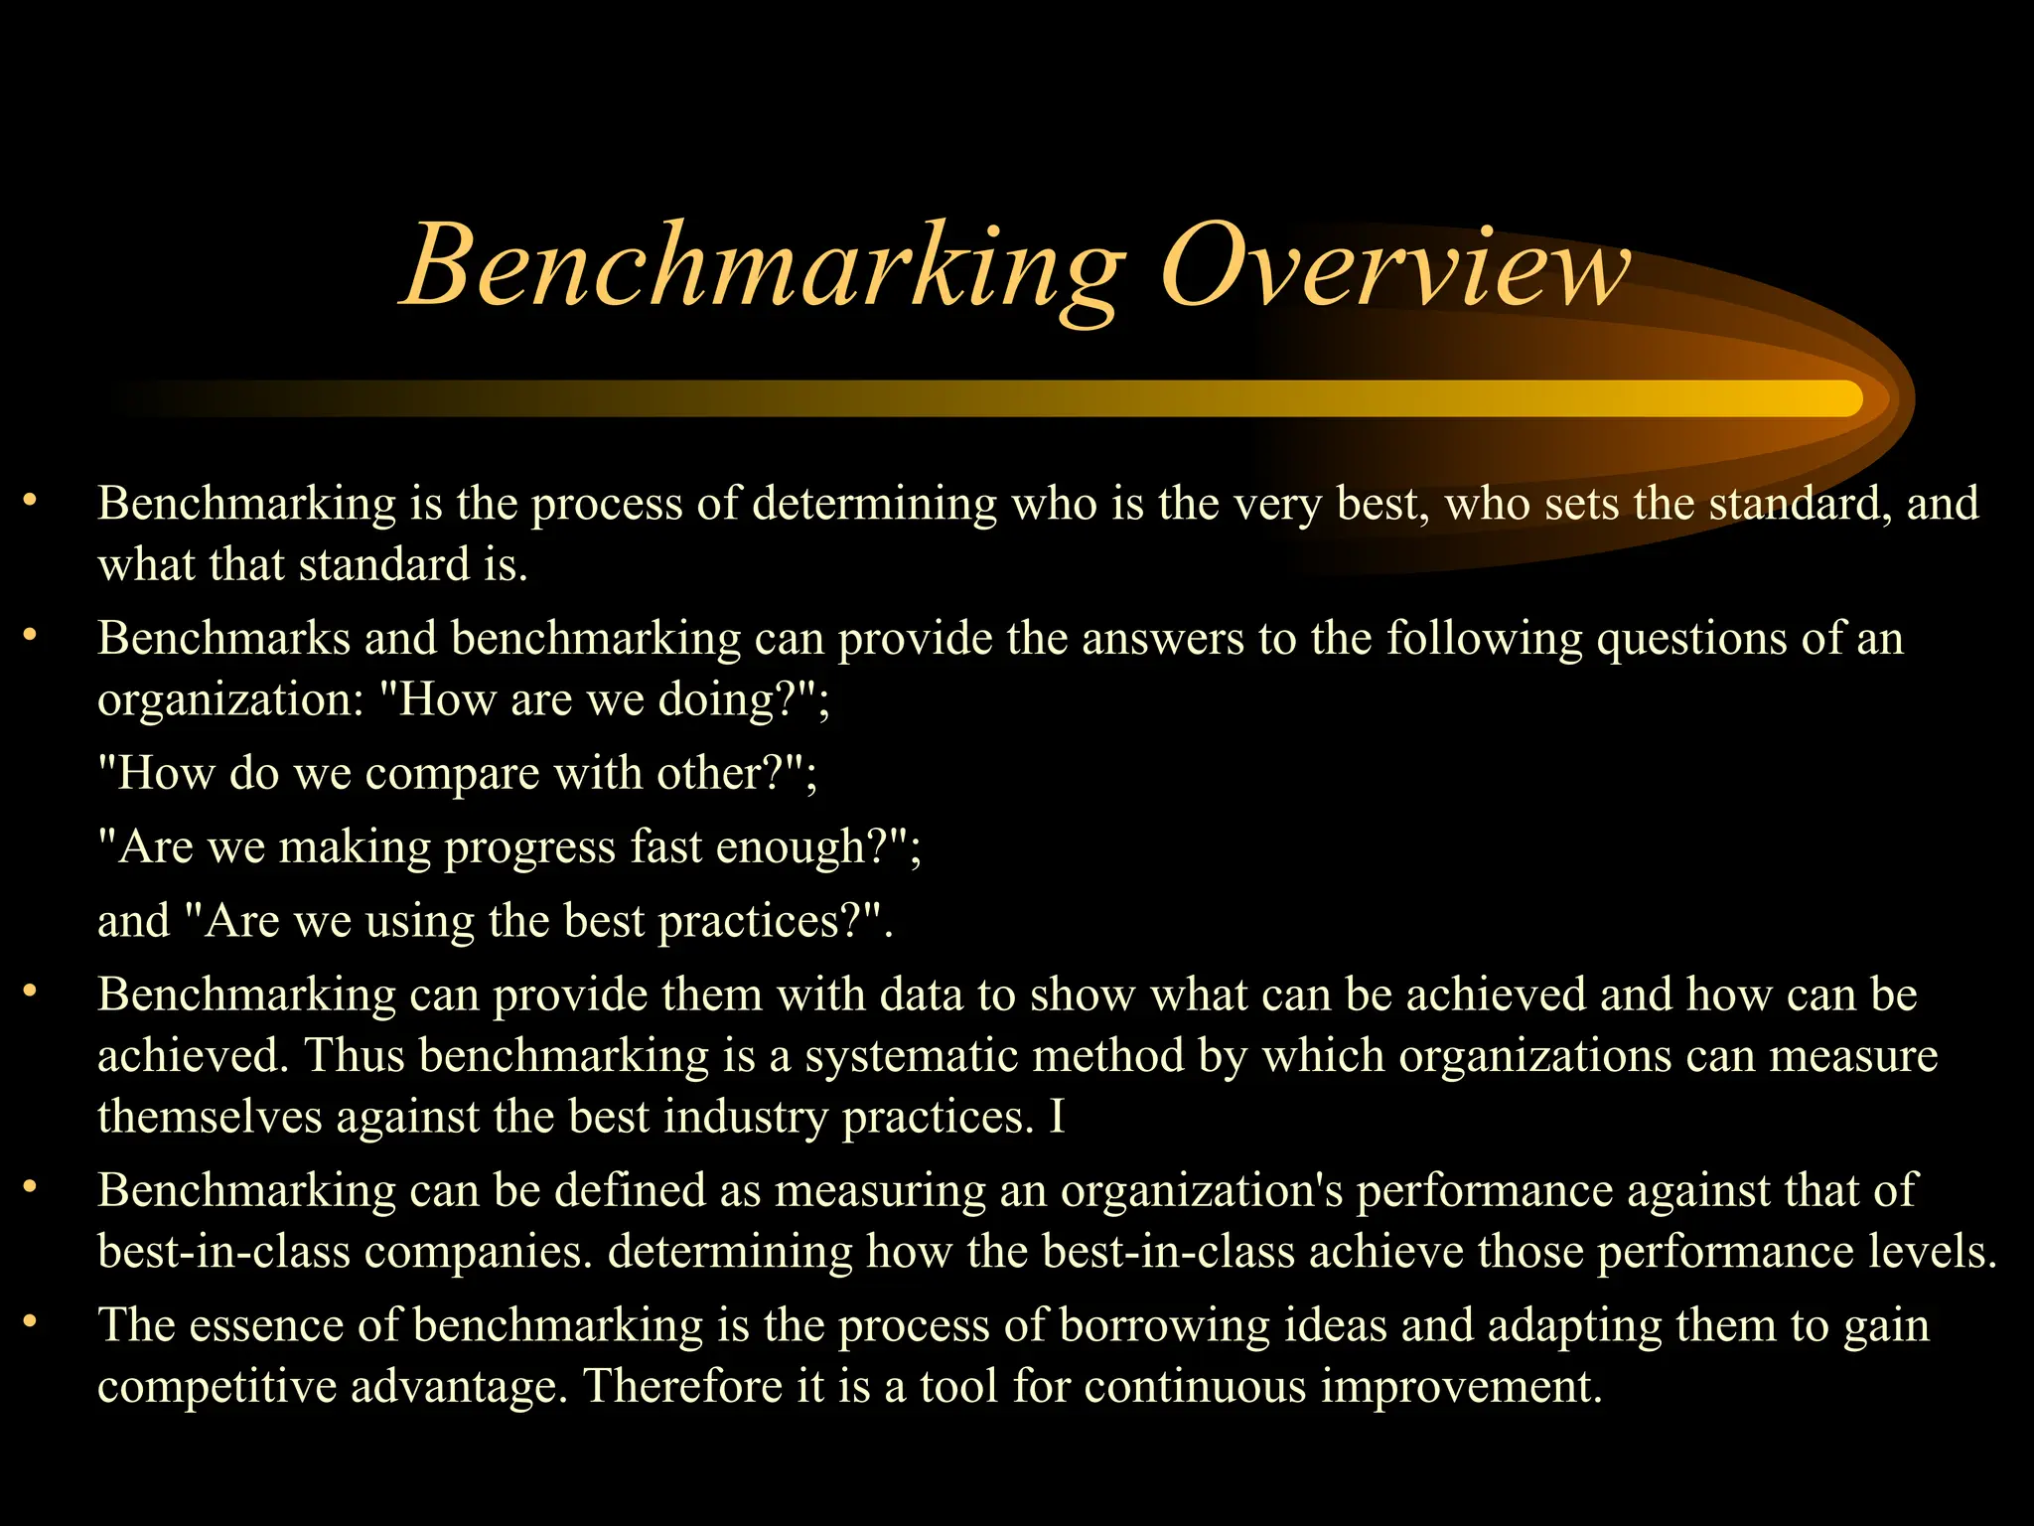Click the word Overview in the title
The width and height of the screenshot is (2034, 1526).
[x=1394, y=266]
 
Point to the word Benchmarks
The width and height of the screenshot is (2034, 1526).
[x=223, y=638]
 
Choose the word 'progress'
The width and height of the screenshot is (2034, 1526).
[x=530, y=848]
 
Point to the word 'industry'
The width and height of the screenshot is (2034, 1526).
[x=745, y=1118]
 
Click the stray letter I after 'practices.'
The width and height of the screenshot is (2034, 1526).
[x=1057, y=1117]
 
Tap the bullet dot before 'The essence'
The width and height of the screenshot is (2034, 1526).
[x=31, y=1321]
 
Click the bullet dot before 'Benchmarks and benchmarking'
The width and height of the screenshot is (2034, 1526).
[x=31, y=634]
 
